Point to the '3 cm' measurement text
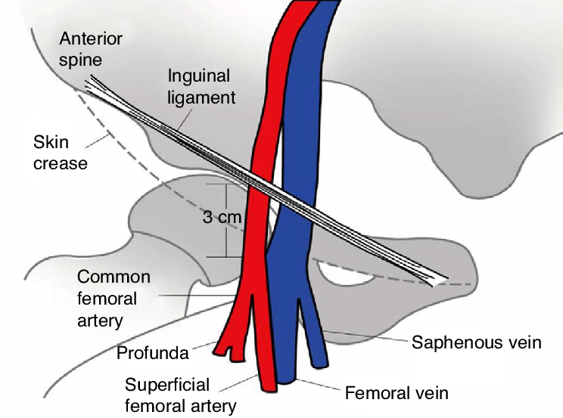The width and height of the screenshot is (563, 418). (222, 218)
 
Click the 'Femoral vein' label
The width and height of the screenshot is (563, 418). (397, 393)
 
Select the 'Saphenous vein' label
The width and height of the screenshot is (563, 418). (477, 342)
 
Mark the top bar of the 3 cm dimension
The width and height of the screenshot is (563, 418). (227, 184)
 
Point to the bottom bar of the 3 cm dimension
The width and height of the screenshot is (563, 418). (227, 257)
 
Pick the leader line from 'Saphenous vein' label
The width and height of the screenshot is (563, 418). (363, 336)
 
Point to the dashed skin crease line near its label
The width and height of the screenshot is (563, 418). (98, 135)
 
